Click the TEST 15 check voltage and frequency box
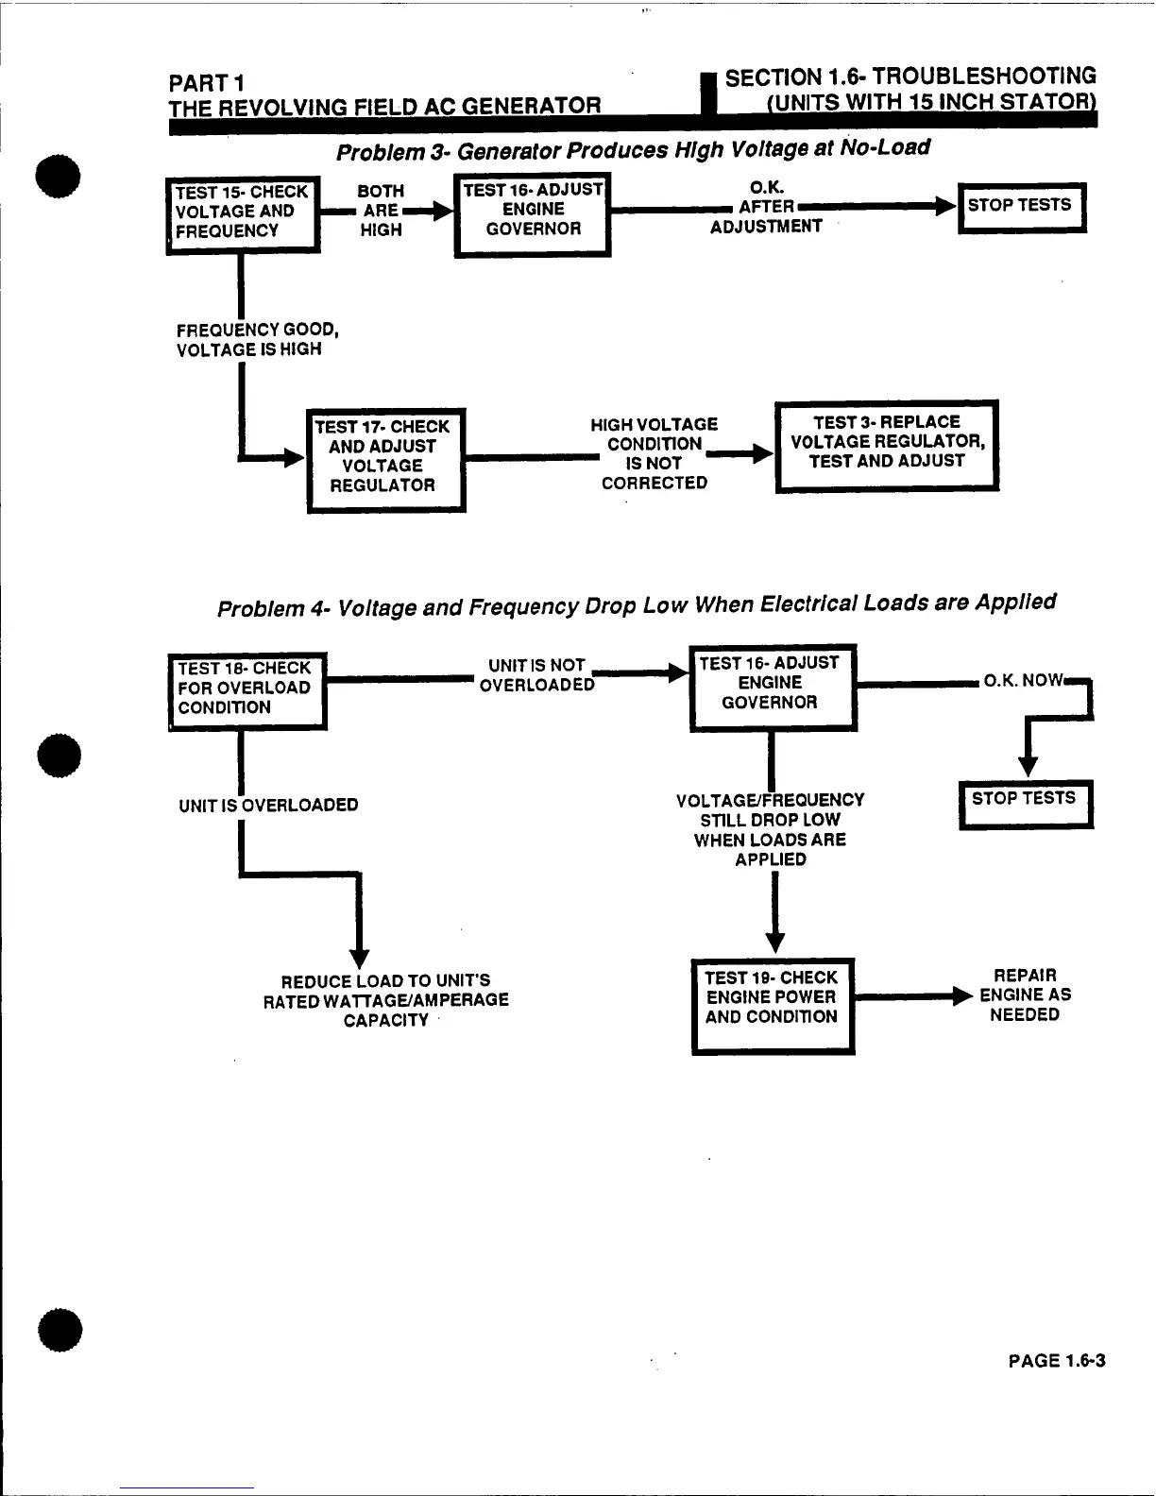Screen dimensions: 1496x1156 click(243, 213)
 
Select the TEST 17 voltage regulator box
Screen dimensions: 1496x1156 click(386, 459)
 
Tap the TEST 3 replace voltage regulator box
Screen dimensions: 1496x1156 click(886, 445)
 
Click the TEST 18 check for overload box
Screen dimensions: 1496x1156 click(246, 689)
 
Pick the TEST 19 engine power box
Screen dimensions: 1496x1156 click(773, 1004)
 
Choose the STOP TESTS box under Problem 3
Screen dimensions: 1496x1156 click(1021, 207)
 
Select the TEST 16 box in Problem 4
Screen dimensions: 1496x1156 click(772, 686)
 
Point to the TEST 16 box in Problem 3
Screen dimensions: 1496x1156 click(533, 213)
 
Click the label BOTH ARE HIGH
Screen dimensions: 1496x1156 click(382, 211)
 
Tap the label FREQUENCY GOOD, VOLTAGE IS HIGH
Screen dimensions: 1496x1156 click(257, 340)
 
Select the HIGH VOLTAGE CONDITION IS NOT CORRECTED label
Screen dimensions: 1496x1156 click(654, 454)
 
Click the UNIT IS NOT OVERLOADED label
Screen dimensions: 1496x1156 click(536, 675)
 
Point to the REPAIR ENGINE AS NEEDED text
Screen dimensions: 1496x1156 click(1025, 995)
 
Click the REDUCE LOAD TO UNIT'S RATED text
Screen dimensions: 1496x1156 click(385, 1000)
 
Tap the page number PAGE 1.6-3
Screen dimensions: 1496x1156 click(1056, 1361)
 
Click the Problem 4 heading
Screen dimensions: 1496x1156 click(637, 605)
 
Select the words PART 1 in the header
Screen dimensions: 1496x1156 click(207, 85)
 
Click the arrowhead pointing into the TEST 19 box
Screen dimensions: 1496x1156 click(774, 943)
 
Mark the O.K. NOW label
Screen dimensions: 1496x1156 click(1023, 681)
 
